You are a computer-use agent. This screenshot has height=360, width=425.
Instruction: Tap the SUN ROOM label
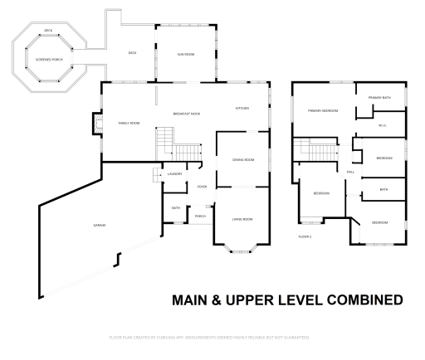[185, 54]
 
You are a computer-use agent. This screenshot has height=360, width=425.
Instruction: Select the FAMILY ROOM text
[129, 123]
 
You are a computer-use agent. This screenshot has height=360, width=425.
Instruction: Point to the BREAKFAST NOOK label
[186, 113]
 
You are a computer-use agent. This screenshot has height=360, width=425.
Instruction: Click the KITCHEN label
[242, 108]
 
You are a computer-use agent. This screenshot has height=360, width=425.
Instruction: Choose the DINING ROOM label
[243, 159]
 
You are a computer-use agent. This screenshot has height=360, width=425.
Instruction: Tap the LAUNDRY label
[174, 174]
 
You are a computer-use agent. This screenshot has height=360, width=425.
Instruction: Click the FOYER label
[202, 187]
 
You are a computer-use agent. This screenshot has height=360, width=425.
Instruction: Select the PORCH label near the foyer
[200, 216]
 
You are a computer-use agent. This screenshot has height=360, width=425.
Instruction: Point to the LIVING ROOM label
[242, 219]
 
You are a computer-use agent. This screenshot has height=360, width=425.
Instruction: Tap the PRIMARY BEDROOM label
[322, 110]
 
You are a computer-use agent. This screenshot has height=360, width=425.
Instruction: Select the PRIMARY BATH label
[380, 99]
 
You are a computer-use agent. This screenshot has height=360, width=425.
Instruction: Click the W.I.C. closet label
[382, 125]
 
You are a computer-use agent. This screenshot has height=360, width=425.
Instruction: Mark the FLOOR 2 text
[305, 236]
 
